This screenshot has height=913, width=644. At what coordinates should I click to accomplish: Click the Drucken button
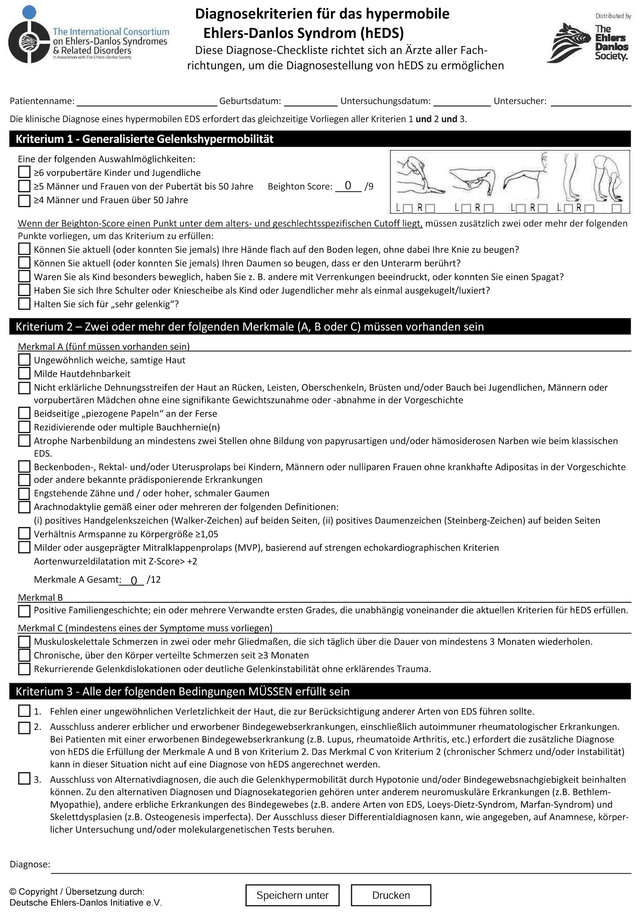(x=391, y=895)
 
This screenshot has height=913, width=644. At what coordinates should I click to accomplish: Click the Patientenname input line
(x=147, y=102)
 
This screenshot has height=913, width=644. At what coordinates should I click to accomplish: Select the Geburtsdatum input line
(x=310, y=102)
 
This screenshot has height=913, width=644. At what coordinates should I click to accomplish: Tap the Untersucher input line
(x=590, y=102)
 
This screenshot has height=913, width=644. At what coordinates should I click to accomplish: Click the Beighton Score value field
(x=348, y=186)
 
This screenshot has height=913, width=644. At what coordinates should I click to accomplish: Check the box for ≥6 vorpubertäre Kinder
(x=24, y=173)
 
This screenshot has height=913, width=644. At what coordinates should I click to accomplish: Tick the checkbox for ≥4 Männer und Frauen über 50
(x=24, y=200)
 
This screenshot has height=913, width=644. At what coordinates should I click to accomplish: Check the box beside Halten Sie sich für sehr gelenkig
(x=24, y=304)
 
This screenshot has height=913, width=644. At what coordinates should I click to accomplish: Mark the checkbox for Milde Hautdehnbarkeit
(x=24, y=373)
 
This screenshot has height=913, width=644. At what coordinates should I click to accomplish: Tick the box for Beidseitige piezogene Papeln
(x=24, y=413)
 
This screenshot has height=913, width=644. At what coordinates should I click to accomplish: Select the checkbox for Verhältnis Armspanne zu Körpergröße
(x=24, y=534)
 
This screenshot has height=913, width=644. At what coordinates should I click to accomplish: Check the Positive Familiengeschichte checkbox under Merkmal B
(x=24, y=610)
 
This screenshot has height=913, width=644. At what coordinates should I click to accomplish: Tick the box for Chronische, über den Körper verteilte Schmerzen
(x=24, y=655)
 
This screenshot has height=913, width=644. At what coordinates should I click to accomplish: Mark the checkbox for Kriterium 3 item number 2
(x=24, y=728)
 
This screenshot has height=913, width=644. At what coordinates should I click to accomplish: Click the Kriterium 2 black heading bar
(x=320, y=327)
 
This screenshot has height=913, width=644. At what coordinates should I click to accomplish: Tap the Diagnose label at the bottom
(x=29, y=864)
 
